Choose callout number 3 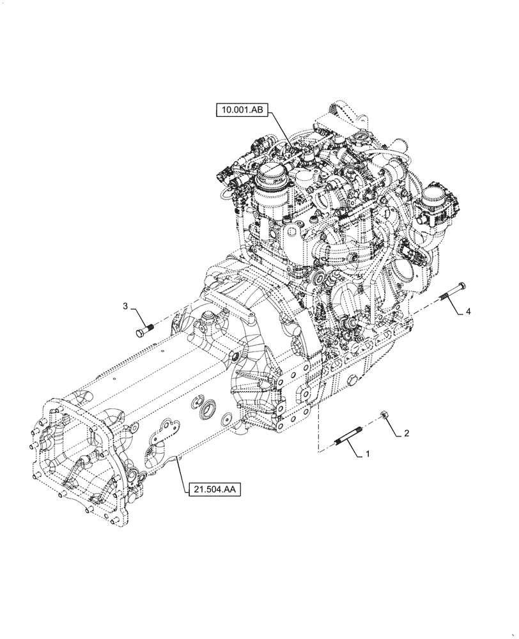point(126,307)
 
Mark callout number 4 point(469,311)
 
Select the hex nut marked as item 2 point(385,417)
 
